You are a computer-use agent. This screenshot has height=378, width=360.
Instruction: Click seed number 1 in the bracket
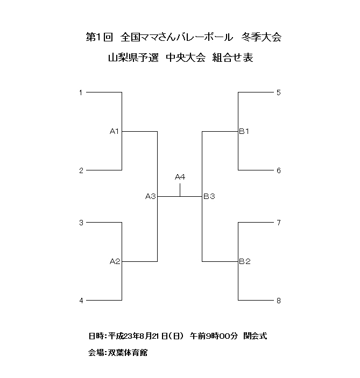pos(81,92)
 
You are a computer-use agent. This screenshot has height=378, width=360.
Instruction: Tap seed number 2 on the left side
pos(81,170)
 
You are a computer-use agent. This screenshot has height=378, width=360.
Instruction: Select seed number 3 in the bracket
pos(81,223)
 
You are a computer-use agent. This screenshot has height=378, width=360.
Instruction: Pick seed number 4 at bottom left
pos(81,301)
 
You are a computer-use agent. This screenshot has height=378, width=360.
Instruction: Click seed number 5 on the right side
pos(279,92)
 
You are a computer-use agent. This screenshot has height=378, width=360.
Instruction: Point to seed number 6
pos(279,170)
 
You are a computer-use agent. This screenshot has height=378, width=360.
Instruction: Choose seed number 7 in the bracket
pos(279,223)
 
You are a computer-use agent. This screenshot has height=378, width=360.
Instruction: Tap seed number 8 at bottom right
pos(279,301)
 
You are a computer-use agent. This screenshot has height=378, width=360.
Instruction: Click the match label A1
pos(114,131)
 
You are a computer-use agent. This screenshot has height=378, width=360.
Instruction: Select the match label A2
pos(114,262)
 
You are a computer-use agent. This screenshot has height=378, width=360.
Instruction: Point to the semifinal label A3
pos(150,197)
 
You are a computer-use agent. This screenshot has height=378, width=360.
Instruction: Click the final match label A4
pos(180,177)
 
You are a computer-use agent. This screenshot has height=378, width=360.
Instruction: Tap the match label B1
pos(244,131)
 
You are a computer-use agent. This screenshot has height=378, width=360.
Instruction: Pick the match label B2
pos(245,262)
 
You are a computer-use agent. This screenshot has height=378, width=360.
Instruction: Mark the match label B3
pos(209,197)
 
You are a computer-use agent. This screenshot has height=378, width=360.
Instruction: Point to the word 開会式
pos(255,336)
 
